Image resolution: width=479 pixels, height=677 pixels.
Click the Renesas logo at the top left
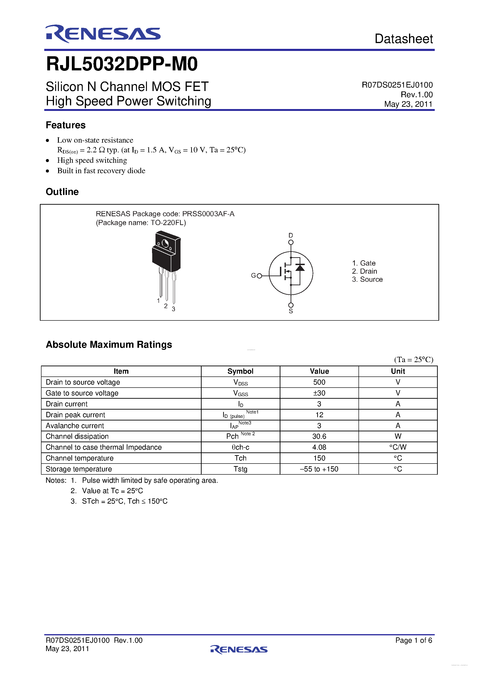point(103,34)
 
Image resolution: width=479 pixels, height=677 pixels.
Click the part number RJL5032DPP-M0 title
point(122,64)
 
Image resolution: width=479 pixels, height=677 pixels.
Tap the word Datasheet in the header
point(403,39)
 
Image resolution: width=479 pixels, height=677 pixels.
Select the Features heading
point(66,125)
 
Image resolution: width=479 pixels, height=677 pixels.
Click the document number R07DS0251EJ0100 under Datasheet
point(397,85)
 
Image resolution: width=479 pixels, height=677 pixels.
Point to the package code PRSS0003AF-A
point(208,214)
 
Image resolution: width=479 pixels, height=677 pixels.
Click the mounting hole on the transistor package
point(165,244)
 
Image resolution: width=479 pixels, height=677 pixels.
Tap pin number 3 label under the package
point(174,309)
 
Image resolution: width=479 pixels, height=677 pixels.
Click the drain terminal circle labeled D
point(291,242)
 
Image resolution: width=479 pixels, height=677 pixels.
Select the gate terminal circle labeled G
point(259,276)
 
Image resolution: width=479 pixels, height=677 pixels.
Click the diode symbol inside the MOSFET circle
point(300,267)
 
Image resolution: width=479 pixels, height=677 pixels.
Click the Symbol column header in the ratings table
point(240,371)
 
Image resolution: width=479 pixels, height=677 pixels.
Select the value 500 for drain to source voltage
point(319,382)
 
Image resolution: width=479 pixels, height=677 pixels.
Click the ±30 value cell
point(319,393)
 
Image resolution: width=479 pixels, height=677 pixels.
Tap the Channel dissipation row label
point(77,436)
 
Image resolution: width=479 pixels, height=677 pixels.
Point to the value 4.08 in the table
point(319,447)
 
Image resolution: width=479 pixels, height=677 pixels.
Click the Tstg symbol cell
point(240,469)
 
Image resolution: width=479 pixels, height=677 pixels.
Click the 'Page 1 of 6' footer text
point(413,640)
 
